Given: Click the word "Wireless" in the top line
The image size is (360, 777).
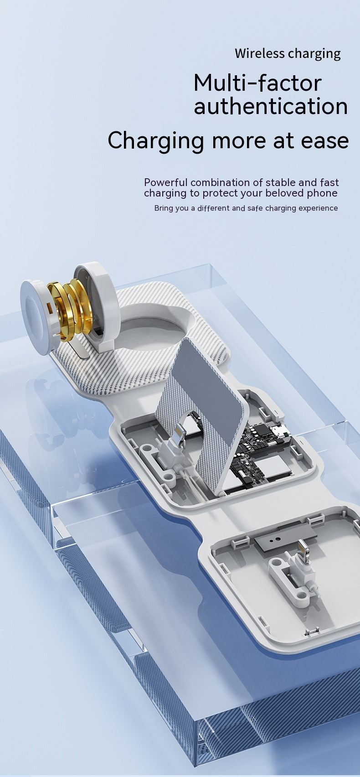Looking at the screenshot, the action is pyautogui.click(x=260, y=53).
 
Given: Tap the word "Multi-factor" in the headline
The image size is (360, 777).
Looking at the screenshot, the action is pyautogui.click(x=257, y=83).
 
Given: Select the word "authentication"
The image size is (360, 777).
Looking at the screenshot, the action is pyautogui.click(x=271, y=106).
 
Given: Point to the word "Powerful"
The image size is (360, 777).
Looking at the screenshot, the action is pyautogui.click(x=166, y=182).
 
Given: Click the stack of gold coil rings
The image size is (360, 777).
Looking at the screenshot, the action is pyautogui.click(x=69, y=309).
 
